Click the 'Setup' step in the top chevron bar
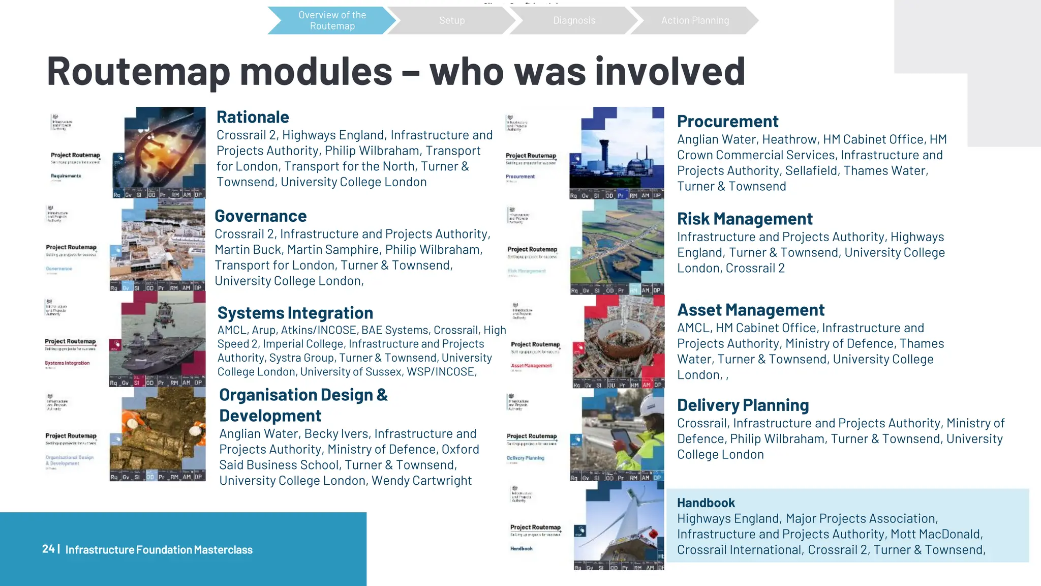452,20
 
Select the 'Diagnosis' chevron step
574,20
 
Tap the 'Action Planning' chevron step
695,20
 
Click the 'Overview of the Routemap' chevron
332,20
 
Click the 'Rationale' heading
253,117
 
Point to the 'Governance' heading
260,216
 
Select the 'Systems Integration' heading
295,313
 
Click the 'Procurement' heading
727,122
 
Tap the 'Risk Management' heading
745,219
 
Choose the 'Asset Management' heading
751,310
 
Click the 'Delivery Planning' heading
743,405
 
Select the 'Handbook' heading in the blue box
706,503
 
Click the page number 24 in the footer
48,549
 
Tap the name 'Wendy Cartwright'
421,481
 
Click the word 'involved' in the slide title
670,71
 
